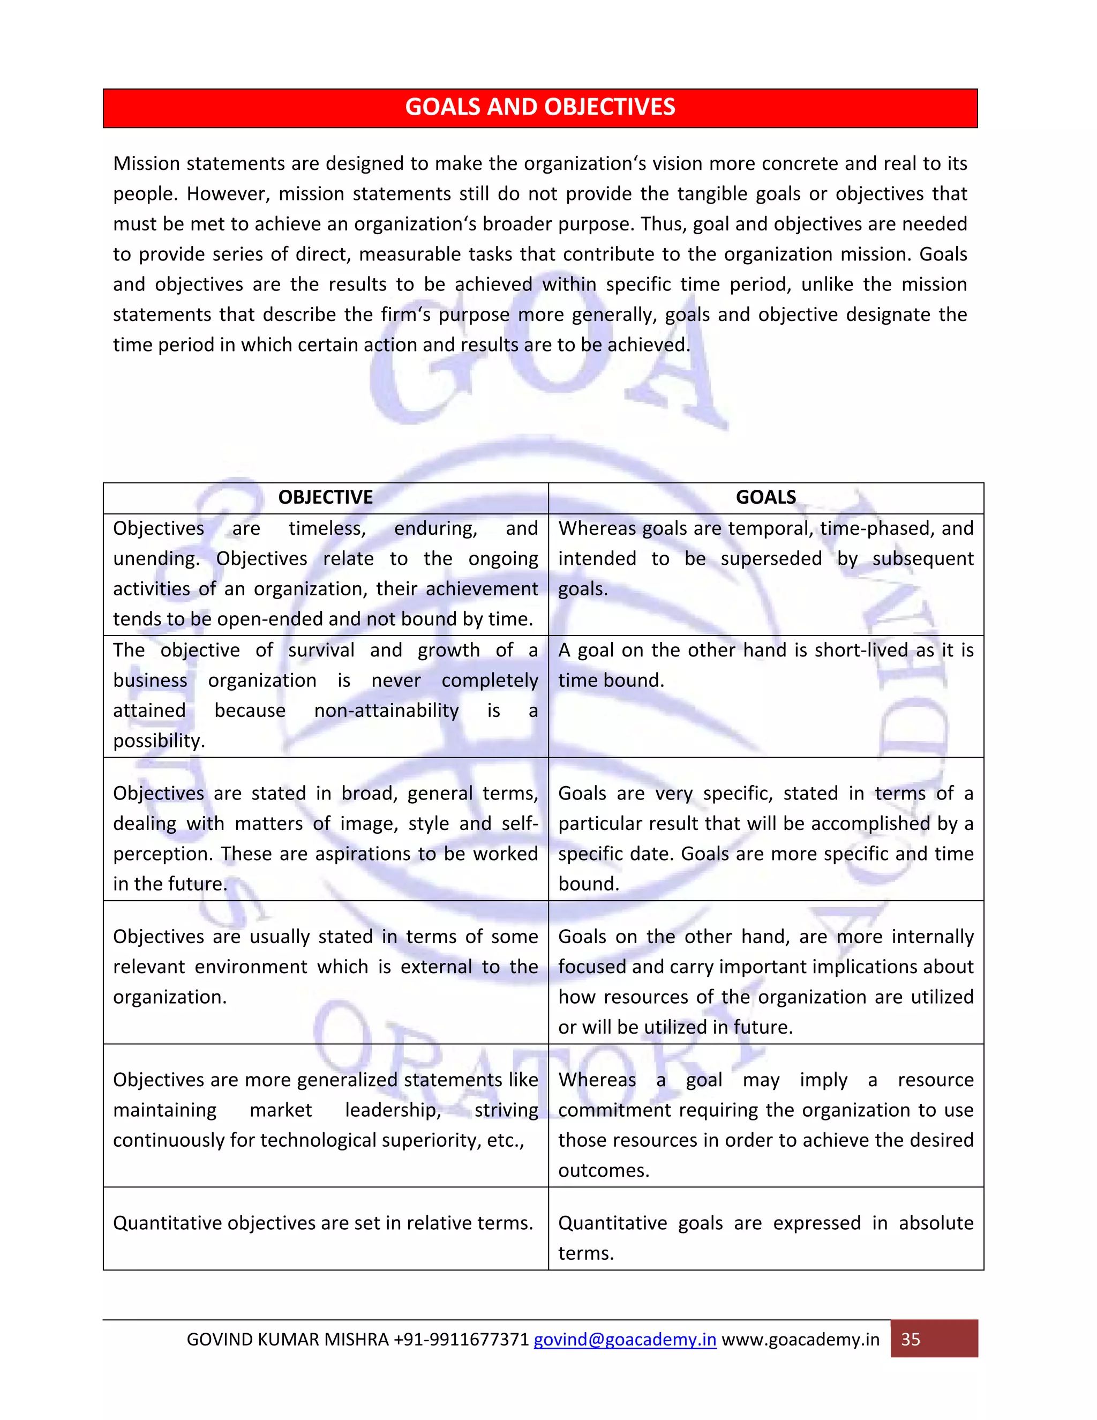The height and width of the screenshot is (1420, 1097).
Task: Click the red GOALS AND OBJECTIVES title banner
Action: tap(540, 107)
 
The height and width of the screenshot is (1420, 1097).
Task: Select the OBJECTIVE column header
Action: tap(325, 497)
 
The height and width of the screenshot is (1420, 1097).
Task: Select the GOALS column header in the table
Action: tap(765, 497)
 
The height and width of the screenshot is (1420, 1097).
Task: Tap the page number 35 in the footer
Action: tap(911, 1340)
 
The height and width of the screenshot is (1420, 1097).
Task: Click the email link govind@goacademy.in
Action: tap(625, 1340)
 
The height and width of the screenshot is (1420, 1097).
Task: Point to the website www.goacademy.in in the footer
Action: tap(801, 1340)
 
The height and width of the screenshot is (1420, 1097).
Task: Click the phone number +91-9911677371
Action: tap(461, 1340)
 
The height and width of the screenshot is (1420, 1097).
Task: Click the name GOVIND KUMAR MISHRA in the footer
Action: tap(287, 1340)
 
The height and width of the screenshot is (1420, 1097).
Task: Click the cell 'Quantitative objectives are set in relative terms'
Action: tap(323, 1223)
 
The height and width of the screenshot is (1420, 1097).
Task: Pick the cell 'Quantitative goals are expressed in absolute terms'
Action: tap(765, 1237)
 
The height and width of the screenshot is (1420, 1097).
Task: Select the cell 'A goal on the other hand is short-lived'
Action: tap(765, 664)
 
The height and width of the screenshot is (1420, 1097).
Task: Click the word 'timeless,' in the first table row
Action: tap(327, 528)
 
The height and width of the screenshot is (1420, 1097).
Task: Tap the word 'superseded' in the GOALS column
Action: tap(771, 558)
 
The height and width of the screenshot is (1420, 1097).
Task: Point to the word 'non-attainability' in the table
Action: tap(386, 711)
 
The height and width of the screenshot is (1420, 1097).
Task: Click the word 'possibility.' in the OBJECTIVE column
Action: tap(159, 741)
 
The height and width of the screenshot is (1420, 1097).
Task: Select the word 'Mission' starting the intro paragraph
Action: tap(147, 163)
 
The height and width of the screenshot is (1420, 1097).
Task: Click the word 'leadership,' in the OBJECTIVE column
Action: tap(393, 1110)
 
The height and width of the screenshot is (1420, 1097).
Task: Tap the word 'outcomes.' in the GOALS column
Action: tap(604, 1170)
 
